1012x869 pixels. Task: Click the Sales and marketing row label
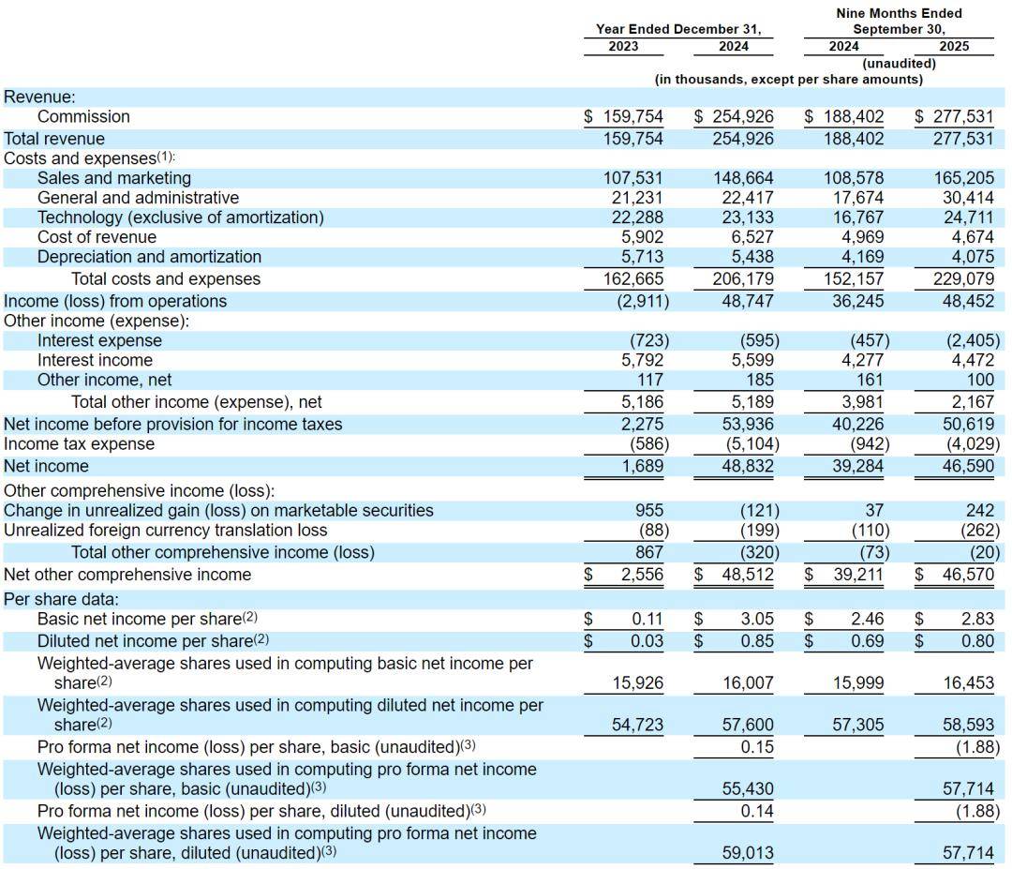(x=113, y=178)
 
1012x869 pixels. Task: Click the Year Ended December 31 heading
(x=677, y=29)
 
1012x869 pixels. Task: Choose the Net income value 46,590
(x=966, y=466)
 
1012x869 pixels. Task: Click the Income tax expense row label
(x=79, y=444)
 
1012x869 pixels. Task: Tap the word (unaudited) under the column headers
(x=899, y=63)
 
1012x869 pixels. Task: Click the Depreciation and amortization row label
(x=149, y=257)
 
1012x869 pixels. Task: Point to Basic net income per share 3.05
(x=756, y=620)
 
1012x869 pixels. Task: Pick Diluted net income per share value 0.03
(x=647, y=641)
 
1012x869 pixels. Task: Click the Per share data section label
(x=61, y=599)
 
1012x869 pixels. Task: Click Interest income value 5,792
(x=642, y=360)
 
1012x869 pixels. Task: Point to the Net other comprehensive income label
(x=127, y=575)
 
